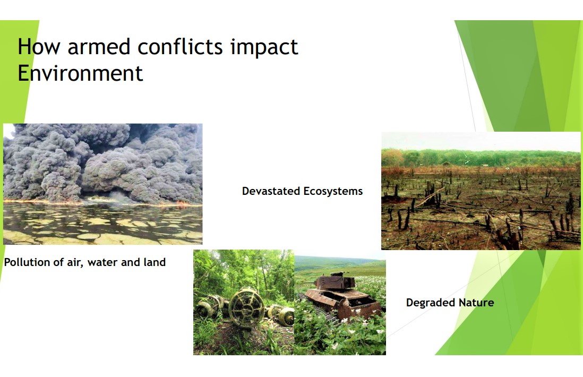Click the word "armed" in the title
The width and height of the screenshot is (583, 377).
click(x=99, y=47)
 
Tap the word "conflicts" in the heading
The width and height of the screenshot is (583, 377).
click(x=180, y=47)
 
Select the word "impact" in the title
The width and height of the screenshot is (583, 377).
click(x=264, y=48)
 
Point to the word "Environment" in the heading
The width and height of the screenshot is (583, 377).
click(x=80, y=73)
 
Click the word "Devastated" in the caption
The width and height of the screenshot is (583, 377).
click(x=271, y=191)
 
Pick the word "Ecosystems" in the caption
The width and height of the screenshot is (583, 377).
click(x=333, y=192)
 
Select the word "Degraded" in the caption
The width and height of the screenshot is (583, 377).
click(x=431, y=303)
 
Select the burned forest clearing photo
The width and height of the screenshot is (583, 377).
click(x=481, y=191)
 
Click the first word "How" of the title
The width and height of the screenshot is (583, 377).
click(x=39, y=47)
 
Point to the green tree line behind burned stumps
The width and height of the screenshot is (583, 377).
click(x=481, y=158)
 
